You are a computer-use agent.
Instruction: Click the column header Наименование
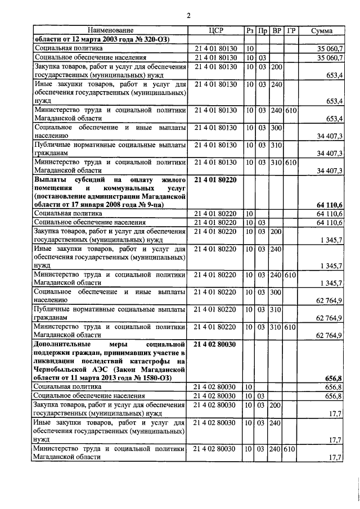(111, 30)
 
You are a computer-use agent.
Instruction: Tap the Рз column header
(251, 30)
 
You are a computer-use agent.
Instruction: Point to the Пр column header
(263, 30)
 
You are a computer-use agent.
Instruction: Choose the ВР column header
(276, 30)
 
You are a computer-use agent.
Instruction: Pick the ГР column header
(291, 30)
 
